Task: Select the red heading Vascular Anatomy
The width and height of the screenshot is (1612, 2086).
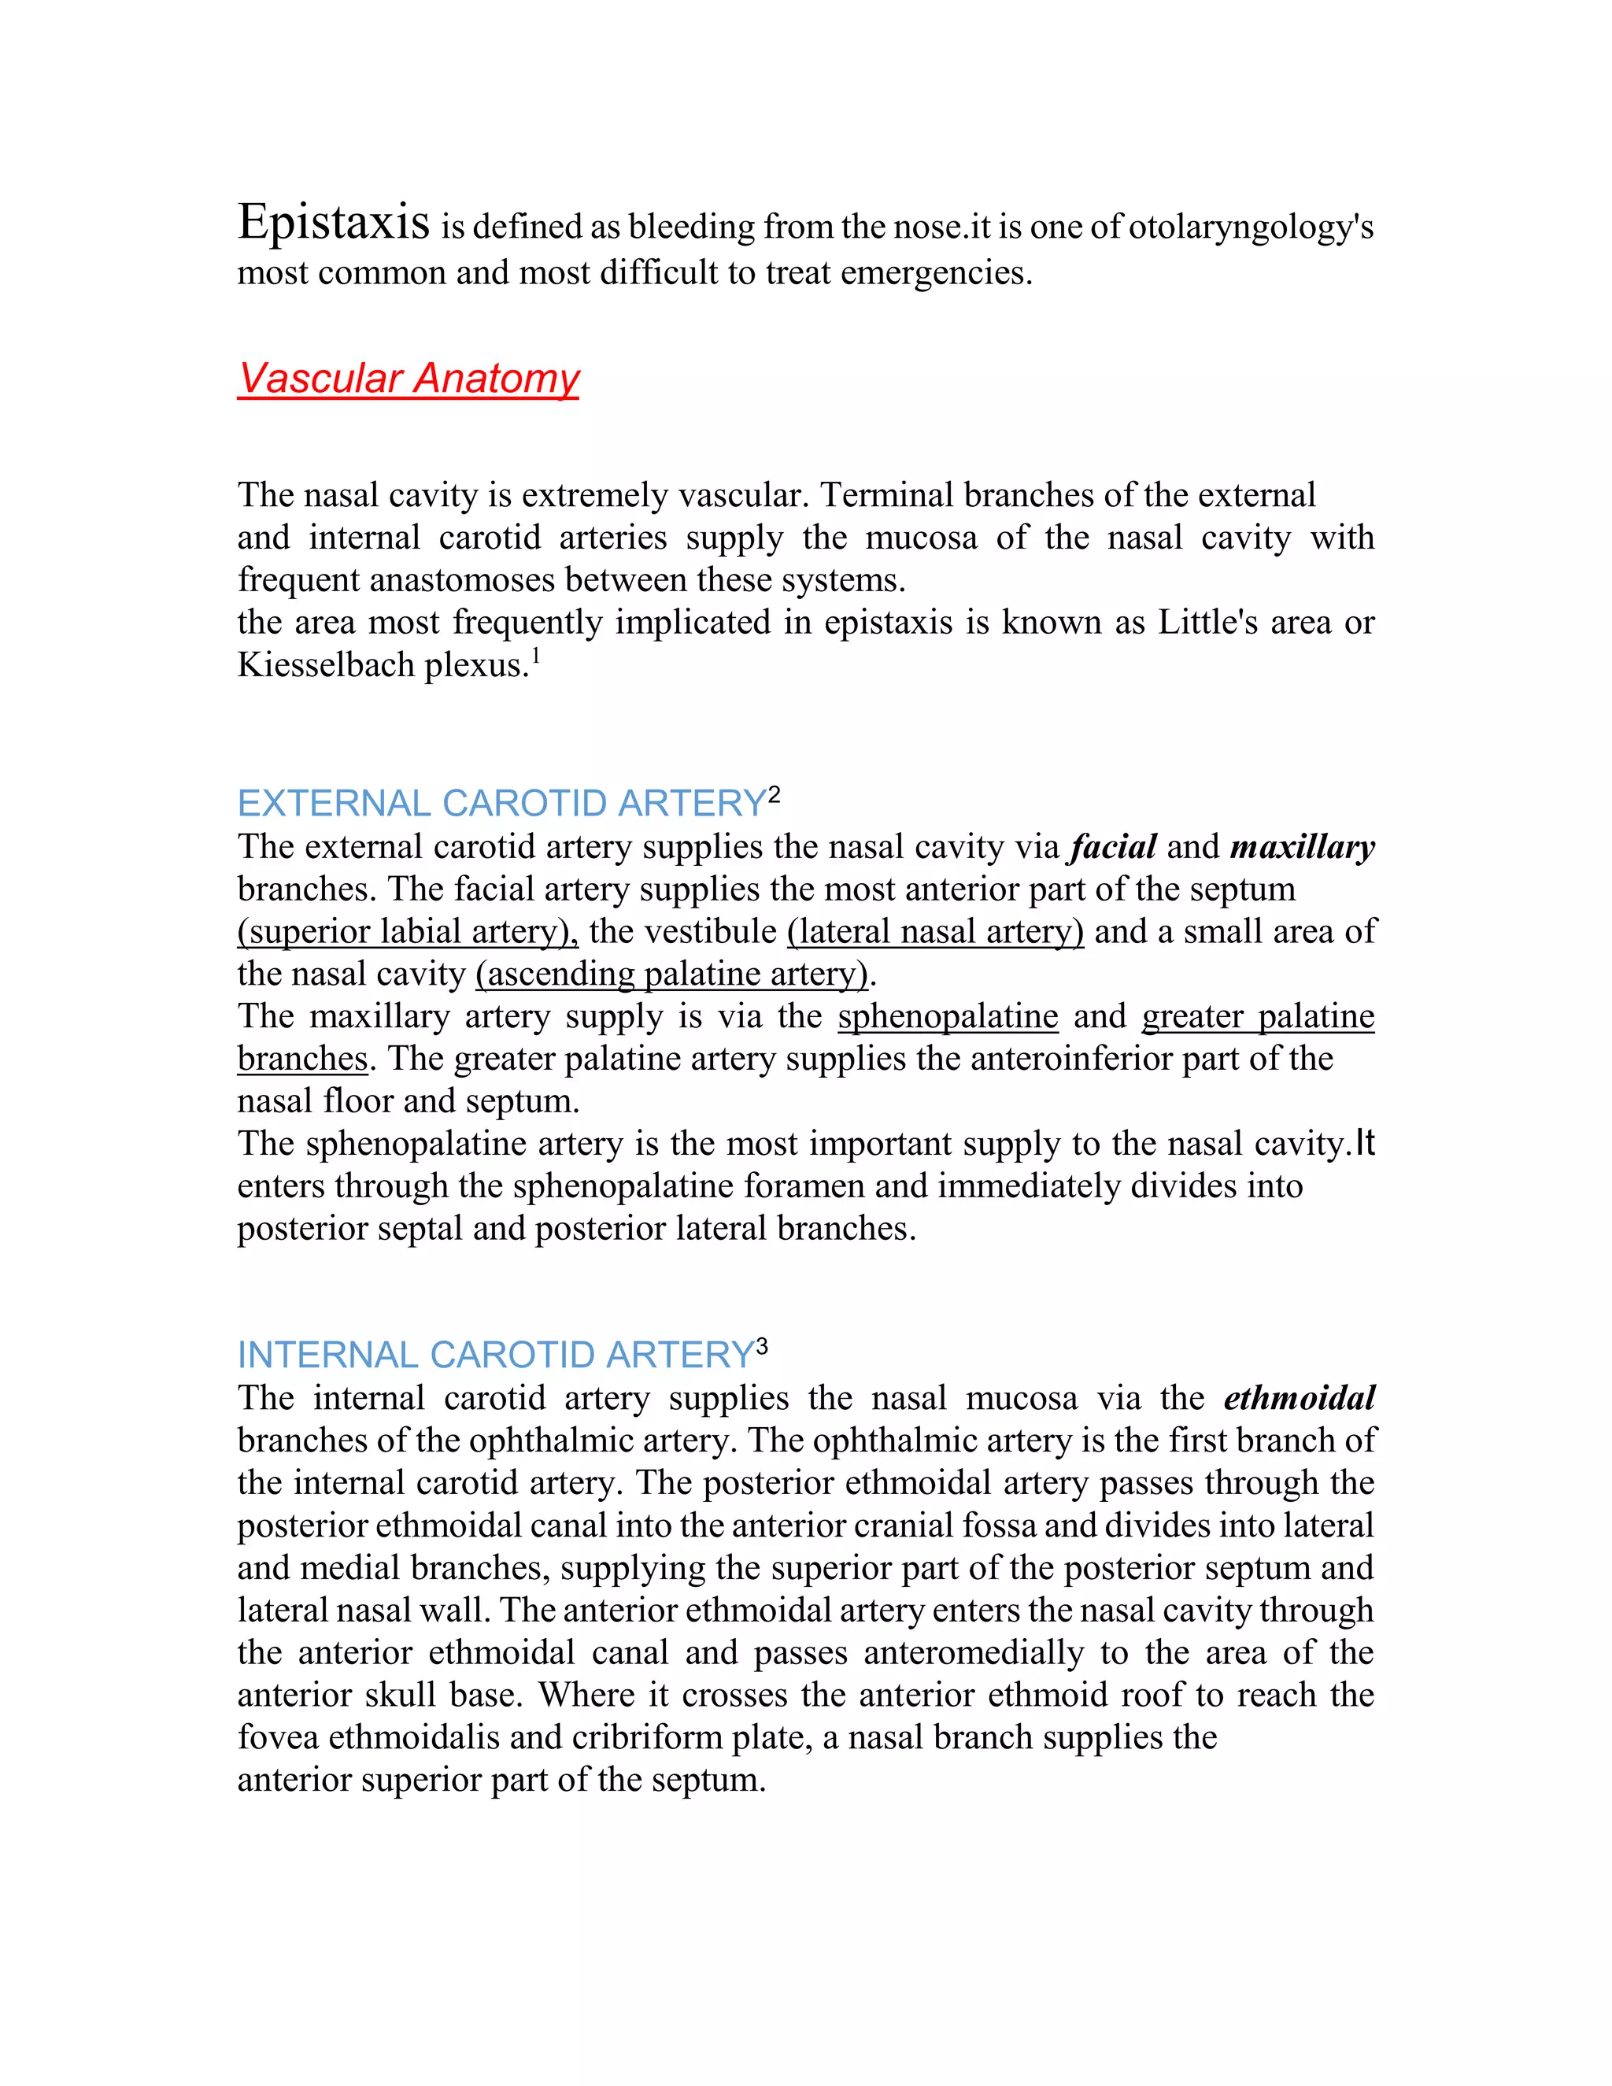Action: [x=408, y=378]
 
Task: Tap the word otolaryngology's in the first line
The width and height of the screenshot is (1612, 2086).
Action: [x=1250, y=227]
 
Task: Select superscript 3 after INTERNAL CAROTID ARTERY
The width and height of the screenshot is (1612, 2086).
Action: [x=761, y=1347]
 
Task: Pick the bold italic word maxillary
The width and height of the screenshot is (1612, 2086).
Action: [x=1302, y=847]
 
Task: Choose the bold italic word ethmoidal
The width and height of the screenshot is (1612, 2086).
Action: [x=1299, y=1398]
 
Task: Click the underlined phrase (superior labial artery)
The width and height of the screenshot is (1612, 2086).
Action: [x=407, y=931]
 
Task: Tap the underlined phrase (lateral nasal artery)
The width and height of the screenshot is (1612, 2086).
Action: [x=935, y=931]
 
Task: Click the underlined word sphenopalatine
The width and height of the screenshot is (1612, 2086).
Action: [x=948, y=1016]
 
